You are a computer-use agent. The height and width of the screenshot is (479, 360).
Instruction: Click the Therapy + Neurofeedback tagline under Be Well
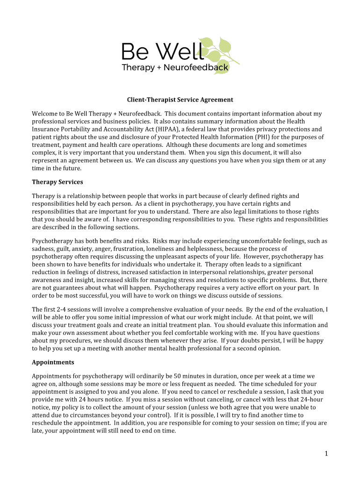(175, 68)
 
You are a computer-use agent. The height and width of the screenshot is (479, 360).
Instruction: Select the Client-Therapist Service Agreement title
(180, 100)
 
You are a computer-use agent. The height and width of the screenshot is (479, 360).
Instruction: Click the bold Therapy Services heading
(58, 182)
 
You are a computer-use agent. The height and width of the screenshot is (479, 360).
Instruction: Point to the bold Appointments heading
(53, 363)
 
